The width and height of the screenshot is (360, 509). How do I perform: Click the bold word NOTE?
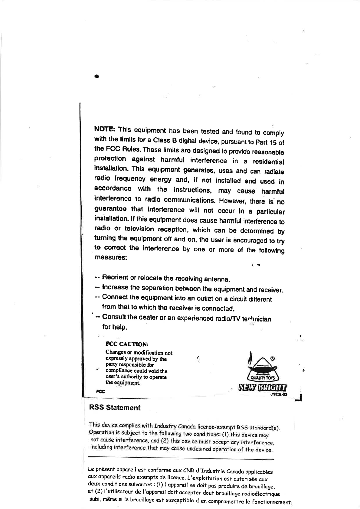[x=104, y=129]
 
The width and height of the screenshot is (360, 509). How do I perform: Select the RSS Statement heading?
[x=115, y=408]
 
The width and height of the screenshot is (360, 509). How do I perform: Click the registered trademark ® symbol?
[x=272, y=358]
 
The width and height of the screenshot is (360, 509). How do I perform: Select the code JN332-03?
[x=279, y=394]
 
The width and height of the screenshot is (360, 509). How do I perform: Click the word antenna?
[x=219, y=278]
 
